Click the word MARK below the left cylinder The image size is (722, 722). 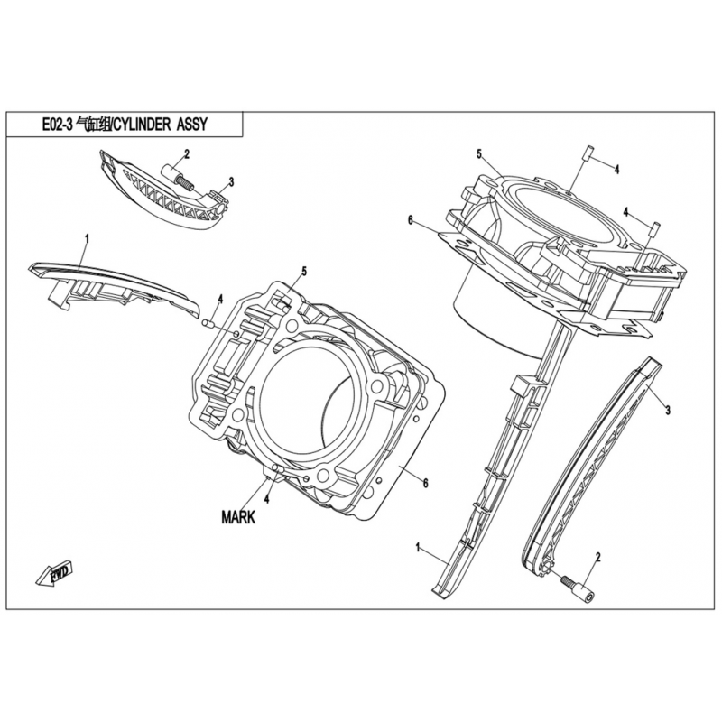point(238,517)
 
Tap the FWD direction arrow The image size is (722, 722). point(54,573)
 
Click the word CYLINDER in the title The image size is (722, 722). point(143,125)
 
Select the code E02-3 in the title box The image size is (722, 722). point(58,125)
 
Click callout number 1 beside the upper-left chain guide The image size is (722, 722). point(87,238)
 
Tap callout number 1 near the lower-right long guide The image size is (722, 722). point(418,548)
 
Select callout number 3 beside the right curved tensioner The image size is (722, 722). point(668,410)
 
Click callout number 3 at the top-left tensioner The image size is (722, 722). point(231,182)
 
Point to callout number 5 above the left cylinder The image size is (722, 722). point(304,272)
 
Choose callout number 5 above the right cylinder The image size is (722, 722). point(479,153)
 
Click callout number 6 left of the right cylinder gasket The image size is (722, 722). point(411,220)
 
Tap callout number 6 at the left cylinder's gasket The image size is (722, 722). point(426,483)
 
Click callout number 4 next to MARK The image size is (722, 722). point(266,499)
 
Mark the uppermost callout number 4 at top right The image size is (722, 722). point(616,170)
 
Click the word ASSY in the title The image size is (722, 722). point(192,125)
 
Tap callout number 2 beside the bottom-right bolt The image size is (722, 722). point(598,558)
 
